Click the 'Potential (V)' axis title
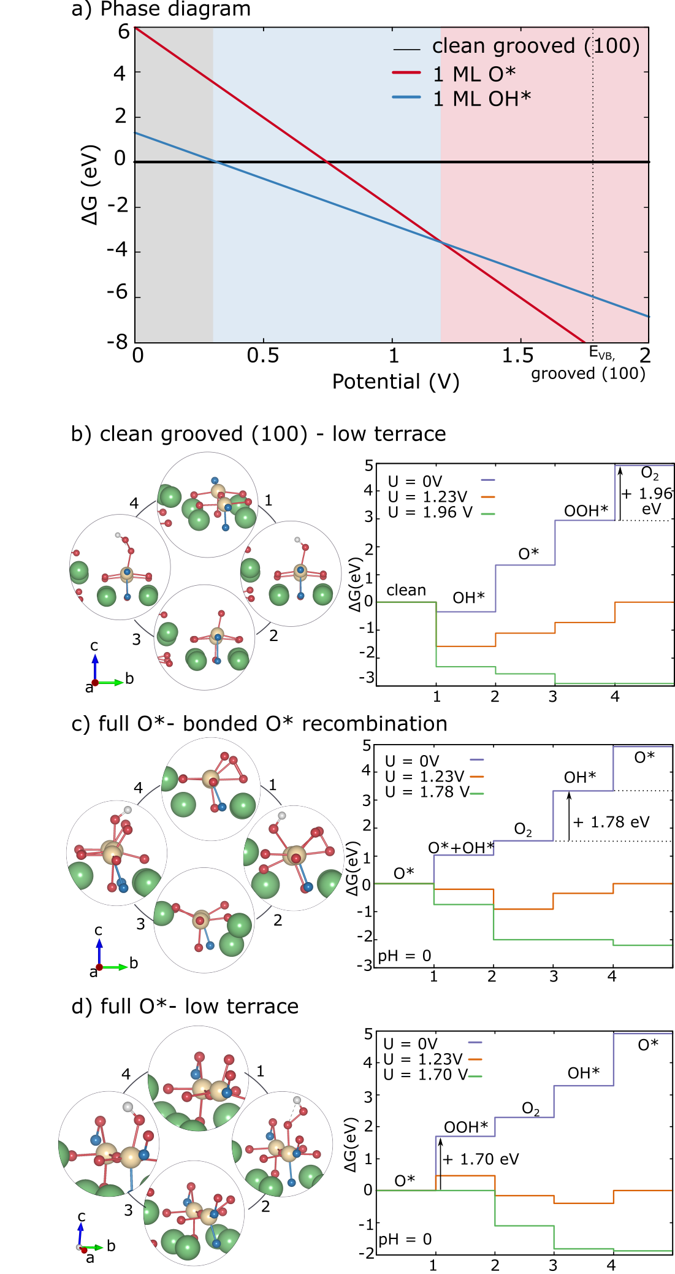pyautogui.click(x=395, y=382)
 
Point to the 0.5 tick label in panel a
pyautogui.click(x=263, y=355)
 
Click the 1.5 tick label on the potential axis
pyautogui.click(x=518, y=355)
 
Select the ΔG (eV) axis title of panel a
pyautogui.click(x=90, y=185)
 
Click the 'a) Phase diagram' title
pyautogui.click(x=161, y=9)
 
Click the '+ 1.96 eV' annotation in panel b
pyautogui.click(x=647, y=501)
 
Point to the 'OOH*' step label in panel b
pyautogui.click(x=586, y=511)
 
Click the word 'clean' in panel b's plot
pyautogui.click(x=406, y=590)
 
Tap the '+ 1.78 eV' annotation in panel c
pyautogui.click(x=611, y=822)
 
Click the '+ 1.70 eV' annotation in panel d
pyautogui.click(x=481, y=1159)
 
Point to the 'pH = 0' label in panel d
pyautogui.click(x=405, y=1239)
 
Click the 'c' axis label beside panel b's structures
pyautogui.click(x=94, y=645)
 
